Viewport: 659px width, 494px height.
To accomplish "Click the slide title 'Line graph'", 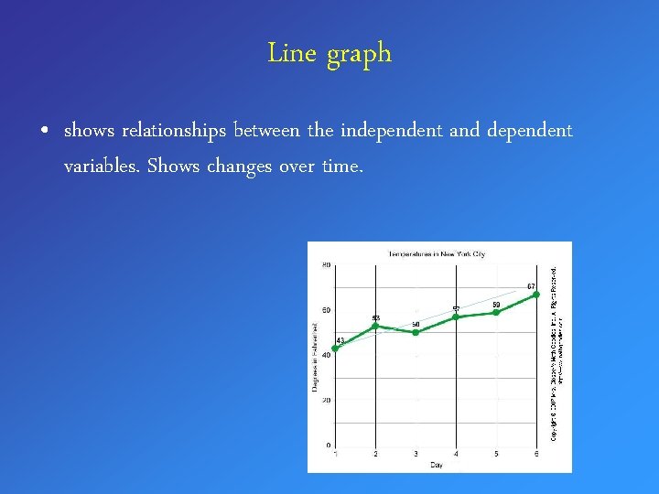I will tap(329, 54).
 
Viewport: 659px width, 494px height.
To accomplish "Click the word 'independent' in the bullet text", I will tap(392, 131).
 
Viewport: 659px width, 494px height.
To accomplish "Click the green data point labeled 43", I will tap(335, 349).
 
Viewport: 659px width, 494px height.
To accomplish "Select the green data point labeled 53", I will tap(375, 326).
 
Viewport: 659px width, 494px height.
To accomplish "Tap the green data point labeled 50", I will tap(416, 332).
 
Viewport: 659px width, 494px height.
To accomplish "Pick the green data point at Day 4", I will tap(456, 317).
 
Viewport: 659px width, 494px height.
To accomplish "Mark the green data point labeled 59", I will tap(496, 312).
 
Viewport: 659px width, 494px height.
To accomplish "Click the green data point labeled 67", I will tap(536, 295).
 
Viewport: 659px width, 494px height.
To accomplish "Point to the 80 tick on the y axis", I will tap(326, 265).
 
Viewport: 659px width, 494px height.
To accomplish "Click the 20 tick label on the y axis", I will tap(326, 400).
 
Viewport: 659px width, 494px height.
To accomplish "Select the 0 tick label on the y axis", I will tap(328, 446).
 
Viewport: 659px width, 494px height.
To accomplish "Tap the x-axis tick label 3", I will tap(416, 454).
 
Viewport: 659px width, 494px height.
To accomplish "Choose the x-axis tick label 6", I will tap(536, 454).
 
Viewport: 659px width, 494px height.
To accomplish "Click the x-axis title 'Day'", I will tap(436, 465).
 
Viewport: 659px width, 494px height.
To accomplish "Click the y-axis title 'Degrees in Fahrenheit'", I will tap(314, 356).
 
